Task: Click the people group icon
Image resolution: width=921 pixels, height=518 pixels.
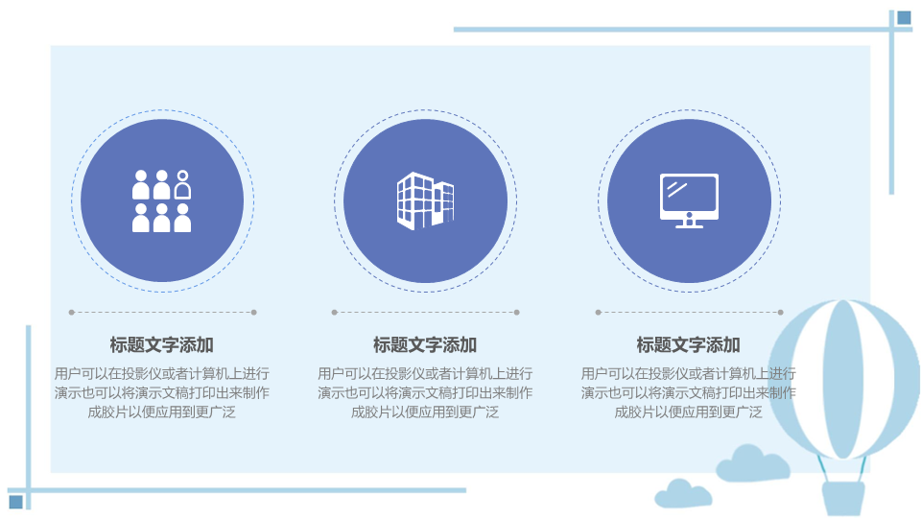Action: tap(161, 200)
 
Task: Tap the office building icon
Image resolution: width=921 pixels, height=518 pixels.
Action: tap(425, 200)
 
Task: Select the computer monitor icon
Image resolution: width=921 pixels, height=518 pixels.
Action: tap(689, 200)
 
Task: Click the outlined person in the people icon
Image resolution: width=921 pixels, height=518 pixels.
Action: tap(182, 184)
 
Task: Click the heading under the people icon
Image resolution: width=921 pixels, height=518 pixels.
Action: tap(161, 344)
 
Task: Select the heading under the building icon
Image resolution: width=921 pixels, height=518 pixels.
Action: tap(425, 344)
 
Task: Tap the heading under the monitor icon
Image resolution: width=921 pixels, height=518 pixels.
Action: tap(689, 344)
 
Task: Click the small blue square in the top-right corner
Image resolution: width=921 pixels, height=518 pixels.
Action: tap(904, 18)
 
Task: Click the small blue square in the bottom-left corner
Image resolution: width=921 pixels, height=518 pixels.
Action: tap(16, 502)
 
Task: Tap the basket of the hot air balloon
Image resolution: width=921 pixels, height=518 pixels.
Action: tap(843, 499)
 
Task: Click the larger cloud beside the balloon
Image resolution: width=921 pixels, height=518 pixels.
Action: tap(752, 463)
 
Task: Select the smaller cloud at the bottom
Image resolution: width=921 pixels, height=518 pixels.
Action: tap(683, 494)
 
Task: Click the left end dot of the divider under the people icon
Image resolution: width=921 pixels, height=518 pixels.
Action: tap(72, 313)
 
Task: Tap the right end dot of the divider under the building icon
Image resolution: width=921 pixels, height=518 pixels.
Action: tap(517, 313)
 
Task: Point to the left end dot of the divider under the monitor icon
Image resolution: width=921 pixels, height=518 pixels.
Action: tap(598, 313)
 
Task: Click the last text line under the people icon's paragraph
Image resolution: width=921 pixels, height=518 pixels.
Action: tap(161, 412)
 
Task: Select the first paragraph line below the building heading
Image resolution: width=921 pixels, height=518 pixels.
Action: tap(425, 373)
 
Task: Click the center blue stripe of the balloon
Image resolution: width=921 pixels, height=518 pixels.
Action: tap(843, 379)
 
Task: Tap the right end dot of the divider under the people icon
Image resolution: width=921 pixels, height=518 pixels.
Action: tap(253, 313)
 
